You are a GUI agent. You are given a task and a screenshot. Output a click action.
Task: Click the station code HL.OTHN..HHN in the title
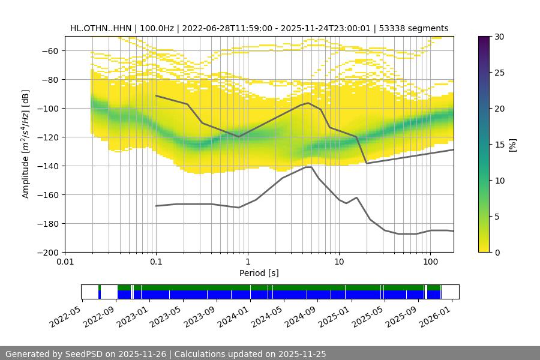click(x=99, y=28)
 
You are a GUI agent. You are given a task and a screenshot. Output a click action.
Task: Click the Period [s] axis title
click(x=259, y=273)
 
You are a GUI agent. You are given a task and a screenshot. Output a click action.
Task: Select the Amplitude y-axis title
click(x=26, y=144)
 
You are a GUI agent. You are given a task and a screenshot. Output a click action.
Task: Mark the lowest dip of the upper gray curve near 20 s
click(x=367, y=163)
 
